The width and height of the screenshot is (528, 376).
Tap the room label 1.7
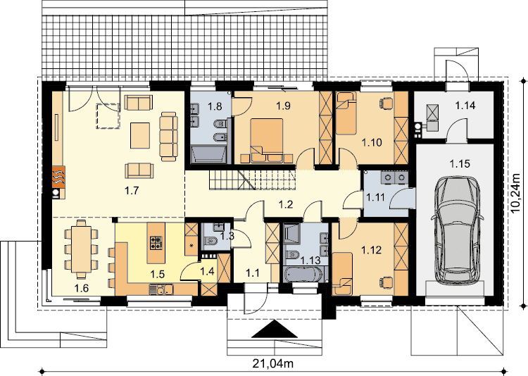(132, 191)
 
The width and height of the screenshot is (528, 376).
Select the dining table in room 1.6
(81, 249)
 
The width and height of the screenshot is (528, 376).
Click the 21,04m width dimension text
(272, 363)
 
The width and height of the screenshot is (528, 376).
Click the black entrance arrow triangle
(275, 329)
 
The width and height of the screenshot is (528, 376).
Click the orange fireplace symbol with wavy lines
(58, 177)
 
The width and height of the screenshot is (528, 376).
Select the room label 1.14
(465, 106)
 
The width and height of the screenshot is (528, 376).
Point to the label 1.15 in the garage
(460, 164)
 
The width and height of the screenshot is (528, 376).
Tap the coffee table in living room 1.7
(140, 135)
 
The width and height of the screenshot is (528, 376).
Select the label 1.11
(375, 197)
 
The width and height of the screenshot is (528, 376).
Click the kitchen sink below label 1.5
(162, 289)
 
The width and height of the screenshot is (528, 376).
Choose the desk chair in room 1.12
(387, 281)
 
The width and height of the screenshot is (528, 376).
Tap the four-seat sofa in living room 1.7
(168, 137)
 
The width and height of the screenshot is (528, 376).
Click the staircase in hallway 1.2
(253, 180)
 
